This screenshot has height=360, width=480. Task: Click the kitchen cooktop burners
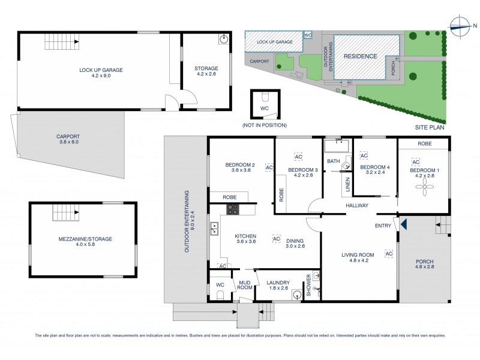pyautogui.click(x=232, y=209)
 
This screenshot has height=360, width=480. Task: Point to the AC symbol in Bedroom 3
pyautogui.click(x=298, y=157)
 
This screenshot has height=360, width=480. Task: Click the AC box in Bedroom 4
pyautogui.click(x=363, y=155)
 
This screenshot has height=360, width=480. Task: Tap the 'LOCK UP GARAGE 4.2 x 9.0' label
pyautogui.click(x=101, y=73)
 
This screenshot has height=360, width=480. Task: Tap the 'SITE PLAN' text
pyautogui.click(x=431, y=128)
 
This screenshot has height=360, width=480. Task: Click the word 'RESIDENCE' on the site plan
pyautogui.click(x=360, y=56)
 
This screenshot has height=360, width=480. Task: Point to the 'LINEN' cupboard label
pyautogui.click(x=347, y=185)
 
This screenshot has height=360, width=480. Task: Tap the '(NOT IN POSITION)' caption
pyautogui.click(x=264, y=125)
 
